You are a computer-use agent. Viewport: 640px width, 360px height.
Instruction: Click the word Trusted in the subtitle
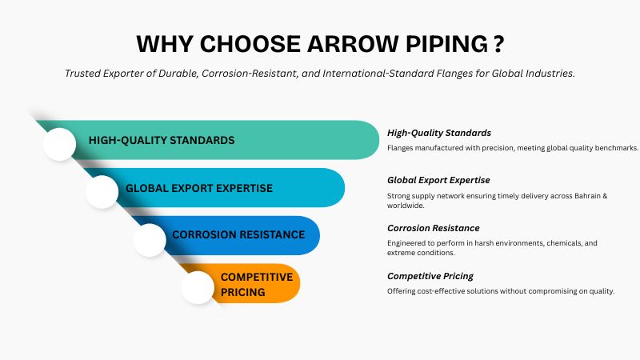[x=86, y=74]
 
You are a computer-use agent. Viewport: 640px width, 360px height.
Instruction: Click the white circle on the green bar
[x=58, y=143]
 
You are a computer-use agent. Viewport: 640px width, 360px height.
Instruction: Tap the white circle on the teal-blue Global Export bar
[x=102, y=191]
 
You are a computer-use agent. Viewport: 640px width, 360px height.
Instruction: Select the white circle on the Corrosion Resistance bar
[x=150, y=239]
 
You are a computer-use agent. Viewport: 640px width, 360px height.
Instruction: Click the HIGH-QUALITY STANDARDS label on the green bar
[x=162, y=140]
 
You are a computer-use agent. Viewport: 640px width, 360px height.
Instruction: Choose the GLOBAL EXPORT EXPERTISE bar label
[x=199, y=188]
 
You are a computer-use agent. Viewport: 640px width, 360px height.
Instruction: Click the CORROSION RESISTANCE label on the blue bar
[x=238, y=234]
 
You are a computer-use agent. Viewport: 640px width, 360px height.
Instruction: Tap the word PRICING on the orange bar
[x=243, y=292]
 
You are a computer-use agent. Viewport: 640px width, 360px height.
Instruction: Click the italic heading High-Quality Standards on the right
[x=438, y=133]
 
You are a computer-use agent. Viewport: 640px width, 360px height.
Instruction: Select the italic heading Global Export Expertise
[x=438, y=180]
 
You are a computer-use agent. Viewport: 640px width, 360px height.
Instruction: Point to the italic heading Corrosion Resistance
[x=433, y=228]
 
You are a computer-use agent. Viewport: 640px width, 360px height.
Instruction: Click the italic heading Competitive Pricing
[x=429, y=276]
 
